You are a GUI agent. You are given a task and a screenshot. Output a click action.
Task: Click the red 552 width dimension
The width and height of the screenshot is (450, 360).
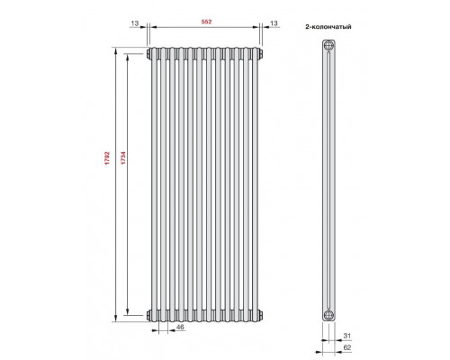pos(206,22)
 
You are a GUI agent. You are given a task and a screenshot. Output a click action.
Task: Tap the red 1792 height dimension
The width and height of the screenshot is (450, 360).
pos(107,158)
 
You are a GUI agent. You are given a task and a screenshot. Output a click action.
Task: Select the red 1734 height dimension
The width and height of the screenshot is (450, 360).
pos(122,158)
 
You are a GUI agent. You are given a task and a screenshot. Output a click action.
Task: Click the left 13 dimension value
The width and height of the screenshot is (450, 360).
pos(135,23)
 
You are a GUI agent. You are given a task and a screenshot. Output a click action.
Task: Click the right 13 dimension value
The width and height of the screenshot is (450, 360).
pos(274,23)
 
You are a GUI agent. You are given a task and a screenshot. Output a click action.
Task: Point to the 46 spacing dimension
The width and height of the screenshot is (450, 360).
pos(180,327)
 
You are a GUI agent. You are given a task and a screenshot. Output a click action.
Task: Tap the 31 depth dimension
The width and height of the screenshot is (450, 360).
pos(346,336)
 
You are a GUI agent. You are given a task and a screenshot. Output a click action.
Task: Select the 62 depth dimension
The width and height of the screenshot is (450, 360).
pos(346,347)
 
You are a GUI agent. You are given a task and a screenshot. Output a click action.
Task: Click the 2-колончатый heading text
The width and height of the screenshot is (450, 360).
pos(328,27)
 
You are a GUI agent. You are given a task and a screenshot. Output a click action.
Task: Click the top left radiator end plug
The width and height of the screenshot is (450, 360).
pos(148,54)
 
